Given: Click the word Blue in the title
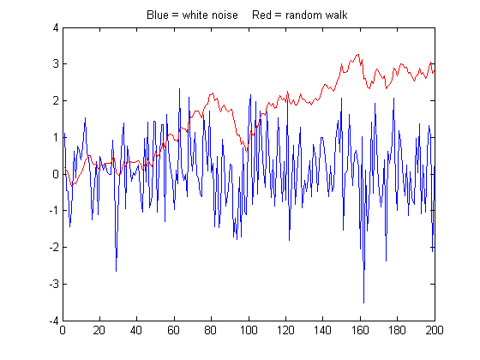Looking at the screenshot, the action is [158, 15].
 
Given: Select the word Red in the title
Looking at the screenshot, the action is [261, 15].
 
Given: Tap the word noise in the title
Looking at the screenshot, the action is [225, 15].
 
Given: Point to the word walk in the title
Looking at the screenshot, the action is [336, 15].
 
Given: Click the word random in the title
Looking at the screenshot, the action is [304, 15].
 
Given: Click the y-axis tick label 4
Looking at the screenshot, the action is [56, 27].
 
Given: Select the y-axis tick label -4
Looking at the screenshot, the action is [54, 321].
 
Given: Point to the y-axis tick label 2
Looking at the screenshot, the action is [56, 101].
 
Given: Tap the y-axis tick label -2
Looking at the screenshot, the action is [54, 247].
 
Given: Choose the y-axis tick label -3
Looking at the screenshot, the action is [54, 284].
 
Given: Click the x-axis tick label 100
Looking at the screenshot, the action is [249, 330].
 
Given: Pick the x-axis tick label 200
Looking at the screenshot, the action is [435, 330].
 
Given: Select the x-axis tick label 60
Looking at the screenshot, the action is [174, 330].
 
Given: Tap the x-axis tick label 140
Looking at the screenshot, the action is [323, 330].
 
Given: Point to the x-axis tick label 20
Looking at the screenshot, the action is [99, 330].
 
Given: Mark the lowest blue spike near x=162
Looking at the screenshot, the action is [363, 303].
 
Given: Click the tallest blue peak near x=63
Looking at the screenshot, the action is [179, 89].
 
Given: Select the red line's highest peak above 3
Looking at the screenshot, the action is [358, 55].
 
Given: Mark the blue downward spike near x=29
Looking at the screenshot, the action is [116, 271].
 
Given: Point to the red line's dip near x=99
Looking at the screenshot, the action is [247, 152].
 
